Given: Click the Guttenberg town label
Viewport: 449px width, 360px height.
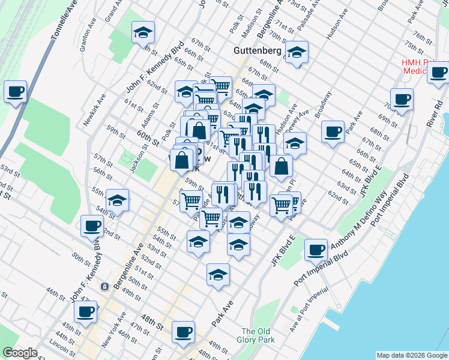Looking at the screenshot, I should (x=257, y=52).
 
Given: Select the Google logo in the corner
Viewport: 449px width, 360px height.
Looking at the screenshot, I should (x=20, y=353).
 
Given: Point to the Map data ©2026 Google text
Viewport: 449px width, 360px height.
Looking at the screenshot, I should (x=412, y=355).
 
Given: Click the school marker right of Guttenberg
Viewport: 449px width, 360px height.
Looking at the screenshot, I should (x=296, y=53).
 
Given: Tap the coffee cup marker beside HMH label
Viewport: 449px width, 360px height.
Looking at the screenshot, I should (x=439, y=72).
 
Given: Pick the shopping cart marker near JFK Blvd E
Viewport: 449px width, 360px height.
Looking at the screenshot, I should (x=281, y=205).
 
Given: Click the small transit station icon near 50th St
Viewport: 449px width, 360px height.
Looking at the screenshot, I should (x=104, y=287).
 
